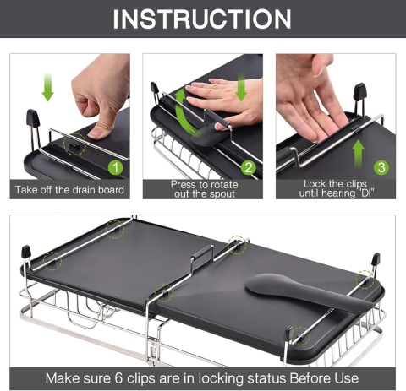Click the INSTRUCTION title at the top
[x=202, y=19]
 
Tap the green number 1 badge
[x=116, y=168]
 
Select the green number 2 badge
[x=249, y=168]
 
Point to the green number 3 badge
[x=381, y=167]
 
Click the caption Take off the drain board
[x=69, y=190]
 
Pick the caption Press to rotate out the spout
[x=204, y=189]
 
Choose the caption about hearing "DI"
[x=336, y=188]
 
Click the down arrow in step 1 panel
[x=47, y=87]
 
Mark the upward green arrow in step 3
[x=358, y=154]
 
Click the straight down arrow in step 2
[x=241, y=87]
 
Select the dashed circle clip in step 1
[x=74, y=144]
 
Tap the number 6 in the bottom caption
[x=118, y=378]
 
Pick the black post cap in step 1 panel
[x=32, y=118]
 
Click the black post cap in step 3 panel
[x=360, y=91]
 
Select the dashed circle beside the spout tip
[x=365, y=280]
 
